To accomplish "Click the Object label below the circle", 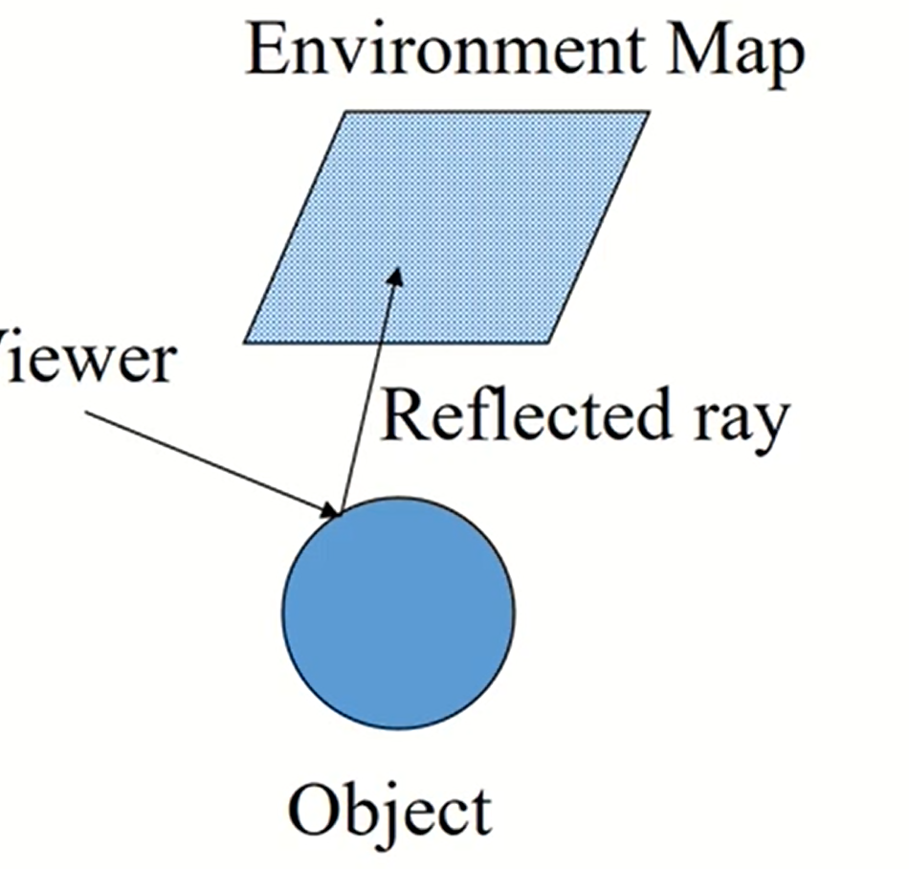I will [x=390, y=813].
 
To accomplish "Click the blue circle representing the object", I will [x=398, y=613].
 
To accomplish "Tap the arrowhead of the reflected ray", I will [x=394, y=275].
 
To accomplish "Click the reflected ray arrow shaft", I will [x=367, y=392].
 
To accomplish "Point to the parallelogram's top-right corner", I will [x=648, y=113].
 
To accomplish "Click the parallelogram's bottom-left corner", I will [x=246, y=341].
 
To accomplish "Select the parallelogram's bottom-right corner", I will [x=548, y=341].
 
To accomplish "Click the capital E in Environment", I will [x=269, y=54].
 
